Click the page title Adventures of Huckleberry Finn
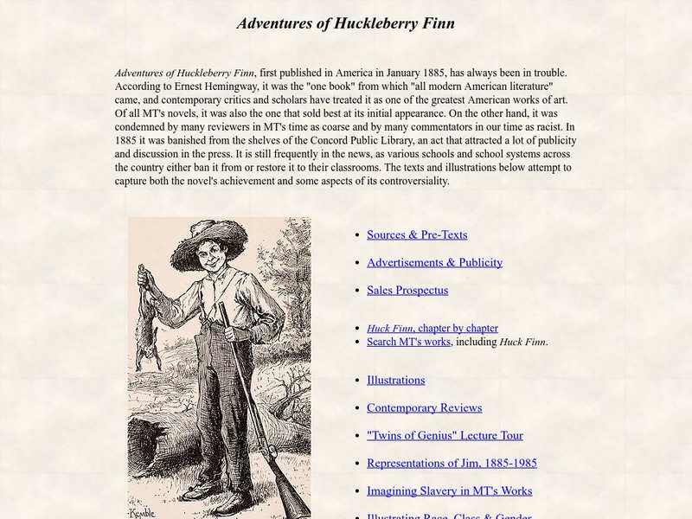coord(345,23)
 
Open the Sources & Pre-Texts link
coord(416,234)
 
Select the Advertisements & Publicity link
coord(434,262)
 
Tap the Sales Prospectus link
coord(407,290)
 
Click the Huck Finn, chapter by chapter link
coord(432,328)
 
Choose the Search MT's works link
coord(408,342)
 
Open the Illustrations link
coord(395,380)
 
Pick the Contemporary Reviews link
coord(424,407)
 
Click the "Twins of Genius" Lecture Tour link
coord(445,435)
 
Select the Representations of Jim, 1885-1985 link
coord(452,463)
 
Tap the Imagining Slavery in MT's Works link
coord(449,490)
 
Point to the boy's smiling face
coord(210,255)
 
